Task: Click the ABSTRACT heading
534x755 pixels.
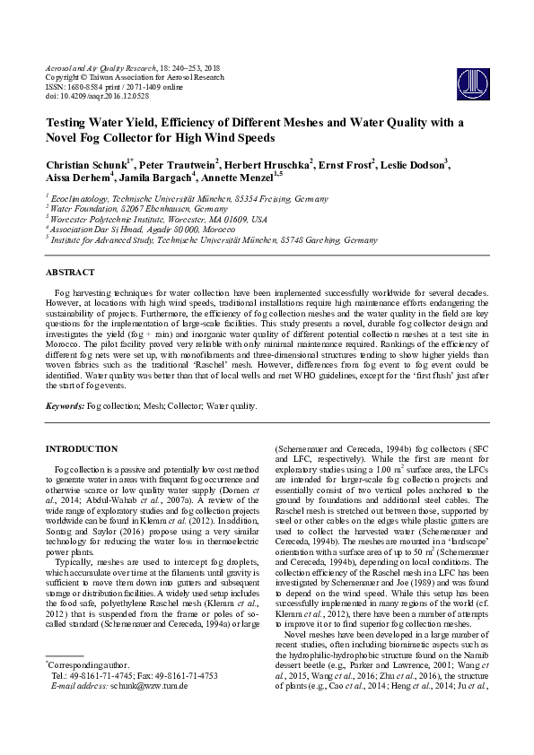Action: tap(72, 271)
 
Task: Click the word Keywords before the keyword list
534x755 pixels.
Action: tap(66, 406)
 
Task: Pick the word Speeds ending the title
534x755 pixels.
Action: tap(251, 139)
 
